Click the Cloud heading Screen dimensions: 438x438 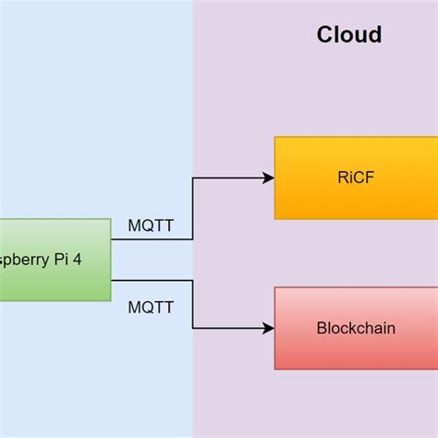click(349, 35)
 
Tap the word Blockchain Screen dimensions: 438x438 click(356, 328)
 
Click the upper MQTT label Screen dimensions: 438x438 click(150, 225)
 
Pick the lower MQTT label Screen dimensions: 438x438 click(150, 306)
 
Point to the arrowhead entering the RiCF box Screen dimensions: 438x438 click(269, 178)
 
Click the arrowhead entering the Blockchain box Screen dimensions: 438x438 click(269, 328)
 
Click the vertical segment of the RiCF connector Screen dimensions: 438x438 click(192, 208)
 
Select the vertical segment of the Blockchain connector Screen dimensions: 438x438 click(192, 303)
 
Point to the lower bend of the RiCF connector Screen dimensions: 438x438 click(192, 239)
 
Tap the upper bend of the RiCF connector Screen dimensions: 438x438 click(192, 178)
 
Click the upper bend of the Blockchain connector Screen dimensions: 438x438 click(192, 279)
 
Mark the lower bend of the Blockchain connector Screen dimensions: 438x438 click(192, 328)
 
